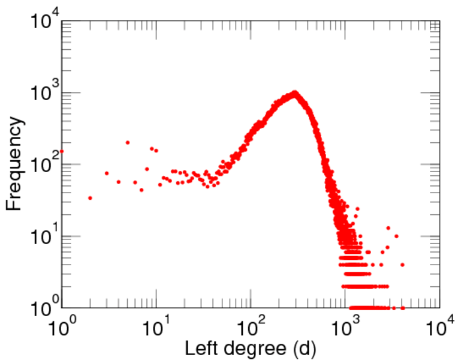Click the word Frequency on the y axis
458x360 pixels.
(x=16, y=163)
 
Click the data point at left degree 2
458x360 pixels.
(x=90, y=197)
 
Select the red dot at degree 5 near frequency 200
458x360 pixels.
(x=128, y=142)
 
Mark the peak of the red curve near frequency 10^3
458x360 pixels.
(x=294, y=93)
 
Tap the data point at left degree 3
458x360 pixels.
(x=107, y=173)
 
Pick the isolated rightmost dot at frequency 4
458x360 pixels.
(x=402, y=265)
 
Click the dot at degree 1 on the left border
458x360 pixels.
(x=62, y=151)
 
